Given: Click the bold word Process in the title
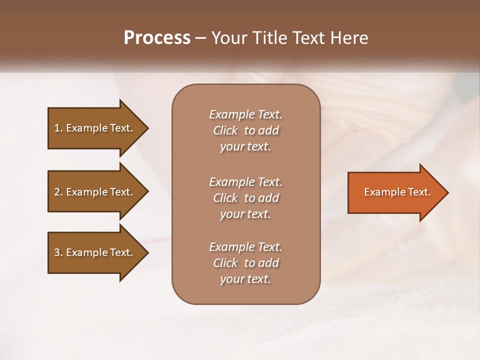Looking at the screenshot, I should tap(157, 38).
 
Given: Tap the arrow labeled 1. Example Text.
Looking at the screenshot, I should tap(95, 128).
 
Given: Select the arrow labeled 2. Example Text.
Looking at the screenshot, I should tap(95, 192).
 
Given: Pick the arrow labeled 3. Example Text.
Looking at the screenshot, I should tap(95, 252).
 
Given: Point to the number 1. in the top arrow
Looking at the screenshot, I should tap(58, 128).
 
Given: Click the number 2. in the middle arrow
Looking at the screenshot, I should tap(58, 192).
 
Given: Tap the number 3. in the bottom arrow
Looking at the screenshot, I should tap(58, 252).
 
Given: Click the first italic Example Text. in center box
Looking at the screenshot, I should tap(245, 114).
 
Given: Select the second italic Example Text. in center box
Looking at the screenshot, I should tap(245, 181).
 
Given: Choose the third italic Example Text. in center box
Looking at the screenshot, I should tap(245, 247).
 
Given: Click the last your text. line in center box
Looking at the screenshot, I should tap(245, 279).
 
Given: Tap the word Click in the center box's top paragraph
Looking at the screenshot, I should tap(225, 130).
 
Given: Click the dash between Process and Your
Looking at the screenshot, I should tap(200, 38).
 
